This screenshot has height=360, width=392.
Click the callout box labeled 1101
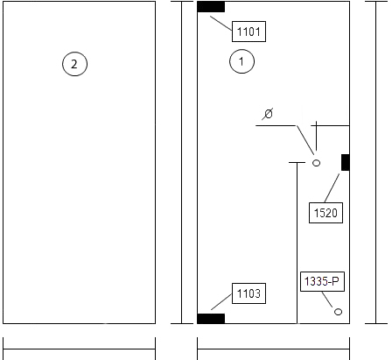tap(248, 32)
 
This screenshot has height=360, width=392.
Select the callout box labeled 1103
tap(248, 293)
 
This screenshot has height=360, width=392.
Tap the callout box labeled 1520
tap(325, 213)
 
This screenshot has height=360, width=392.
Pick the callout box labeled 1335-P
tap(322, 282)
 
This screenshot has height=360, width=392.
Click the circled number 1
tap(241, 61)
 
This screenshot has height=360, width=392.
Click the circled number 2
tap(74, 64)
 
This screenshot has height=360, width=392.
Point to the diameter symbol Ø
tap(268, 114)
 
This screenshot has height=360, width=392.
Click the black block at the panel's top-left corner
tap(211, 7)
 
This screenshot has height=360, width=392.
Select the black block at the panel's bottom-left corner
tap(211, 319)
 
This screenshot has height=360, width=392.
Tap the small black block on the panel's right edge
tap(346, 162)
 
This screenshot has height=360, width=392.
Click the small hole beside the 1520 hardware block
tap(316, 163)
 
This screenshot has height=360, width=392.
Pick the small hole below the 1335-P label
tap(338, 312)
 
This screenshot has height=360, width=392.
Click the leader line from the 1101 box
tap(221, 24)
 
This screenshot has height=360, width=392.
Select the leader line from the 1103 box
tap(221, 301)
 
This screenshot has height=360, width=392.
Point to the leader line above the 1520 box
tap(332, 187)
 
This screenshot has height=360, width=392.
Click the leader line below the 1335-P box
tap(327, 300)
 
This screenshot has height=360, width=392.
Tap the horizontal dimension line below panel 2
tap(79, 349)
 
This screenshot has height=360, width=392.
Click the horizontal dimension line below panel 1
tap(273, 349)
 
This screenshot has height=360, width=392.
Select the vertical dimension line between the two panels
tap(182, 162)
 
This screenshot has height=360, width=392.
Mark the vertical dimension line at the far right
tap(376, 162)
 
